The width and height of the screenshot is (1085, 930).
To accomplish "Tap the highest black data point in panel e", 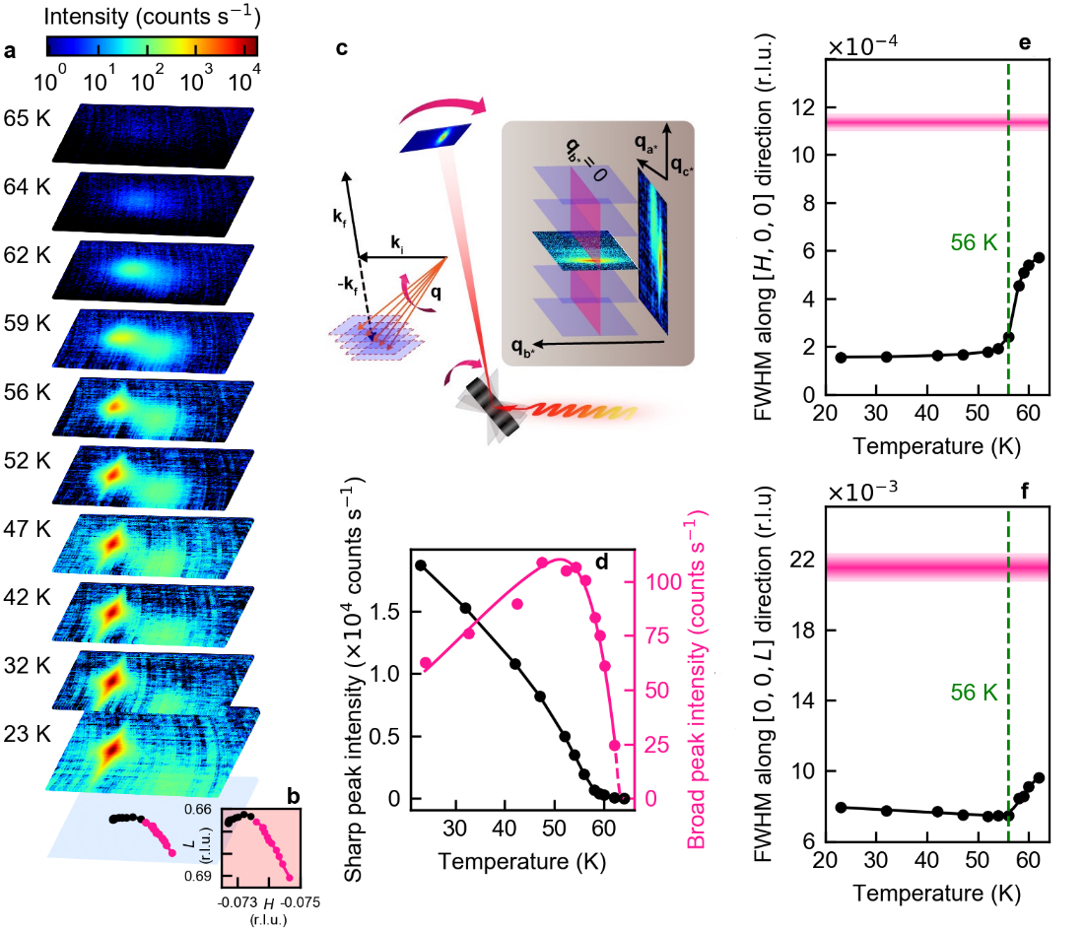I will pyautogui.click(x=1039, y=257).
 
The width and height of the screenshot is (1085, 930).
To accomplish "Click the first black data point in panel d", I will pyautogui.click(x=421, y=565).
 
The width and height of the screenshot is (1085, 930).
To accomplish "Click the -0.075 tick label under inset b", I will pyautogui.click(x=286, y=900).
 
